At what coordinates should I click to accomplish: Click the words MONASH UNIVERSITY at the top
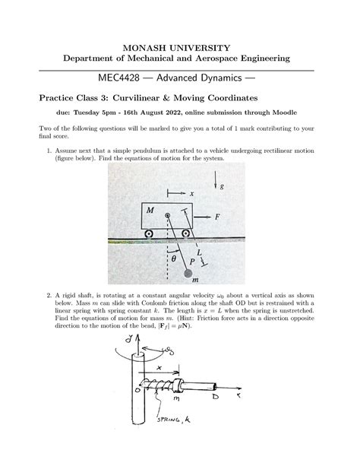179,48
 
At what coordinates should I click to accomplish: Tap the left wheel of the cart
148,232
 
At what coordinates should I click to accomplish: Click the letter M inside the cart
151,209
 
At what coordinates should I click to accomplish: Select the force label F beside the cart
217,216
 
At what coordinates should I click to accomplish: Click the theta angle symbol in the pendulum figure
173,257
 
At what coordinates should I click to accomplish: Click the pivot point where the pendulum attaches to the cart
168,216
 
